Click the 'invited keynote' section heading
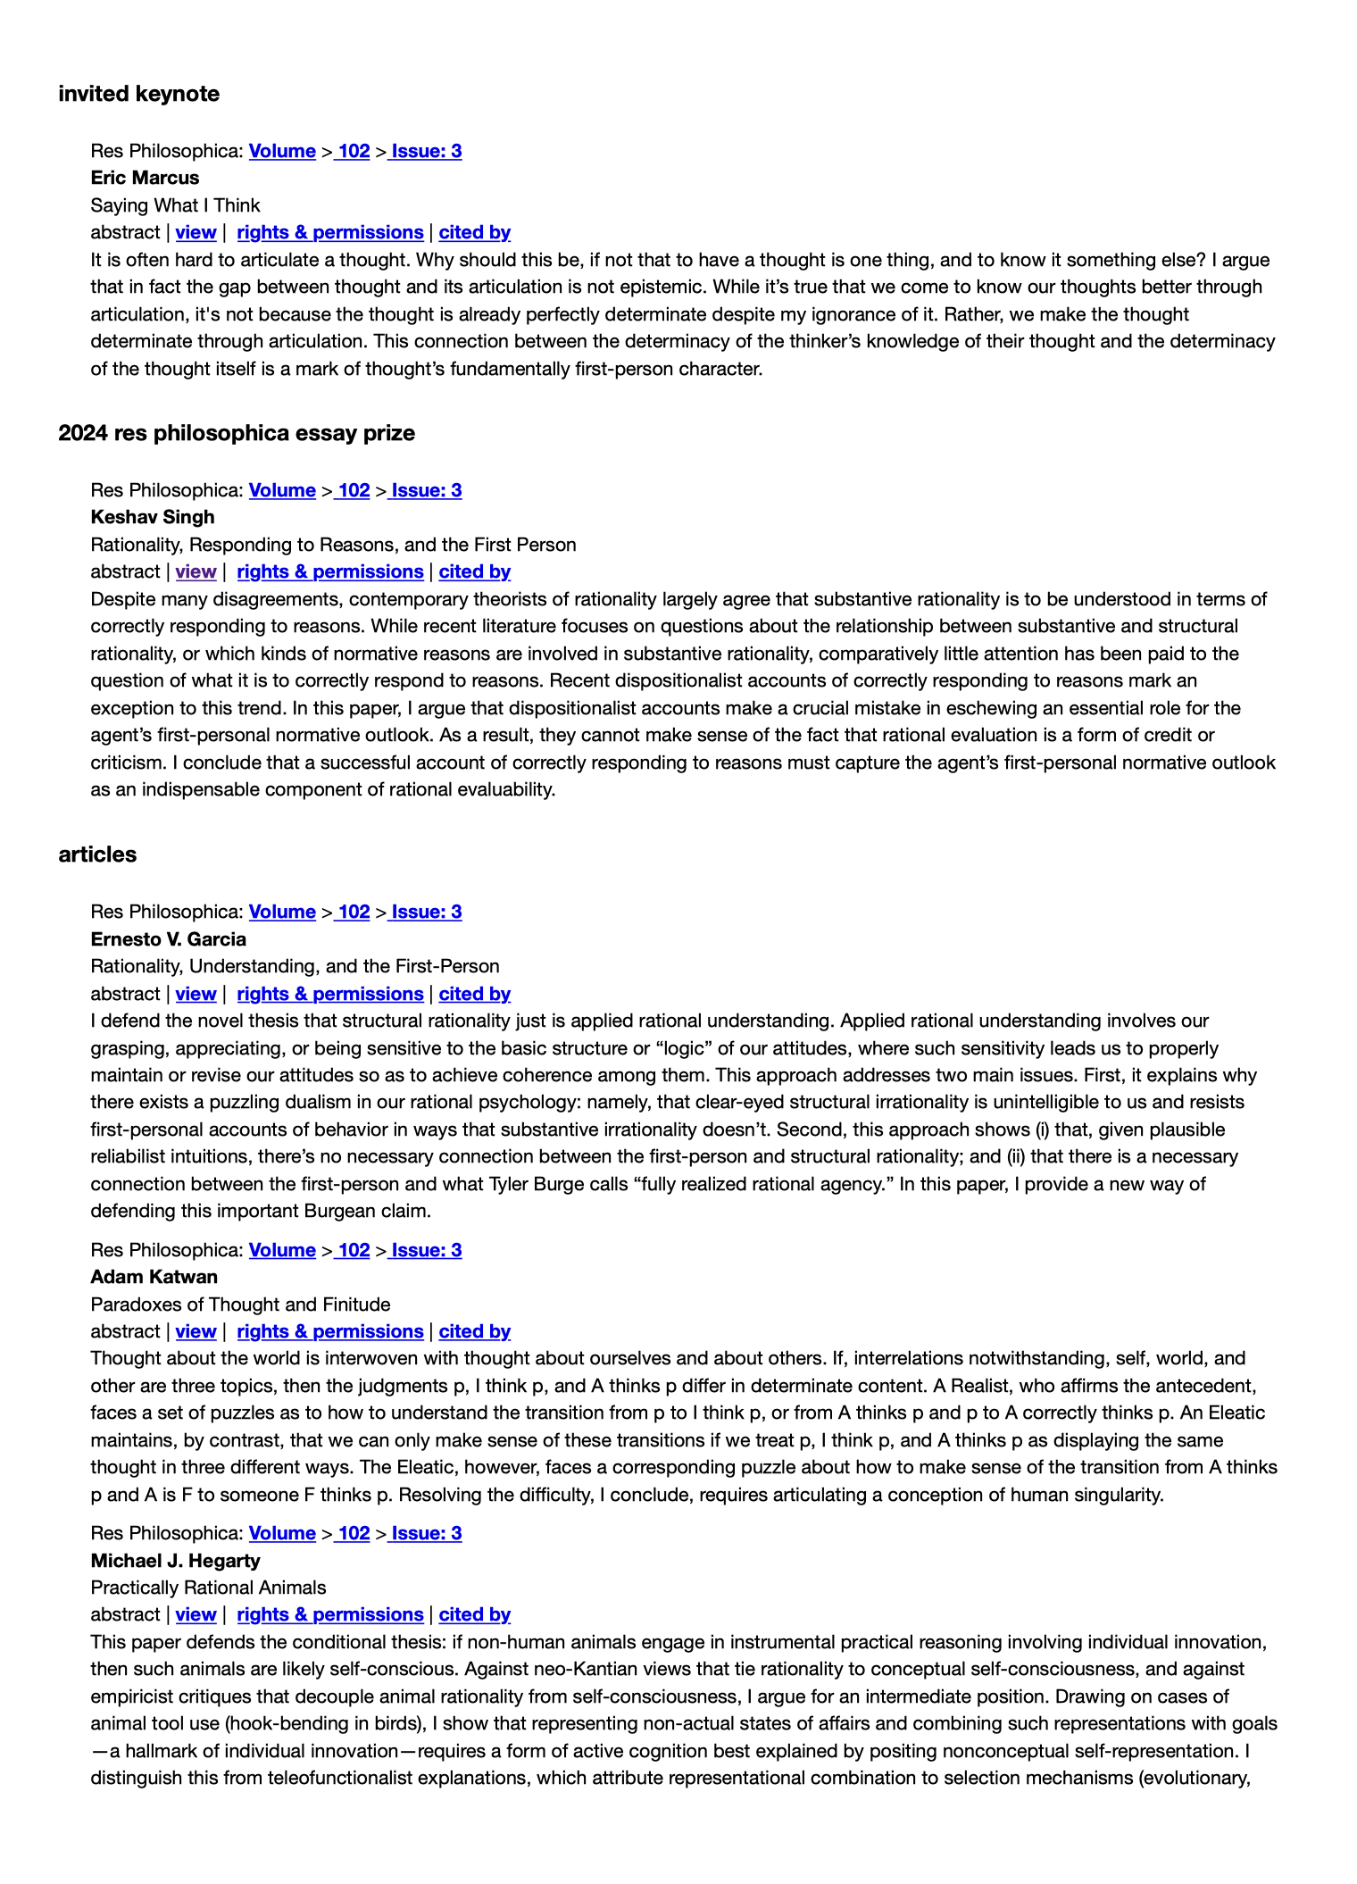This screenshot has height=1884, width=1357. [x=138, y=94]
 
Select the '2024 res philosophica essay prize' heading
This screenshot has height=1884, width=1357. [x=237, y=433]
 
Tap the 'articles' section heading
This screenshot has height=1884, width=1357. [x=97, y=854]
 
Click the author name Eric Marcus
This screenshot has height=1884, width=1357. [x=145, y=178]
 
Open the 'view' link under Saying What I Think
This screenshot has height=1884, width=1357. [x=196, y=232]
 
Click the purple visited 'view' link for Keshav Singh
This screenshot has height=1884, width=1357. [x=196, y=571]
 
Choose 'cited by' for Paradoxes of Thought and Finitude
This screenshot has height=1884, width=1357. [x=474, y=1331]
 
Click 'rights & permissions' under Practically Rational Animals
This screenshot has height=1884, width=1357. [x=330, y=1614]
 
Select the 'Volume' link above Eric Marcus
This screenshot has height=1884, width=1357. [x=282, y=151]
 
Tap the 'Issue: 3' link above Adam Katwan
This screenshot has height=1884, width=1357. [x=426, y=1250]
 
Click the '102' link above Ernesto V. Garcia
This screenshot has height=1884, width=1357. [x=354, y=912]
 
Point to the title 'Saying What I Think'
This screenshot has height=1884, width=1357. [x=175, y=205]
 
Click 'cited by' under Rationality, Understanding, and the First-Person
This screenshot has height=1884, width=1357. [x=474, y=994]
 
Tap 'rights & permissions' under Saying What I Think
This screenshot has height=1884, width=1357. [x=330, y=232]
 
